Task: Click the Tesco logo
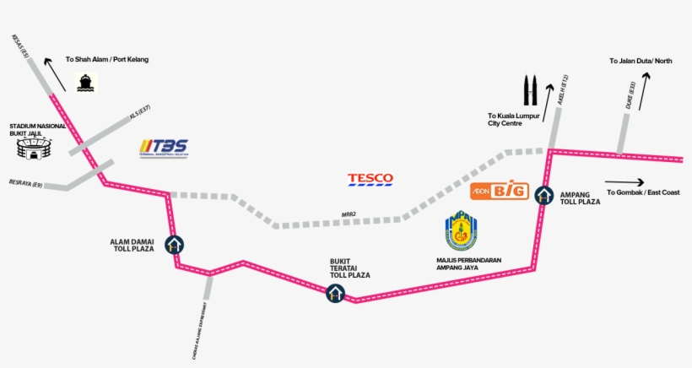coord(370,179)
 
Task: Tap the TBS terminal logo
coord(164,147)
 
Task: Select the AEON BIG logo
coord(499,191)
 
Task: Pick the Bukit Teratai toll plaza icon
coord(335,294)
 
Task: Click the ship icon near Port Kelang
coord(85,82)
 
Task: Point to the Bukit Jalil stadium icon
coord(33,149)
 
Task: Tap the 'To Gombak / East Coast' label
coord(642,192)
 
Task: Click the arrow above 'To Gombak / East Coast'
coord(624,182)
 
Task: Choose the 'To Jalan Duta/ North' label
coord(641,61)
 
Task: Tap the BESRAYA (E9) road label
coord(25,182)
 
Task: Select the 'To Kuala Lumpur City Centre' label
coord(511,119)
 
